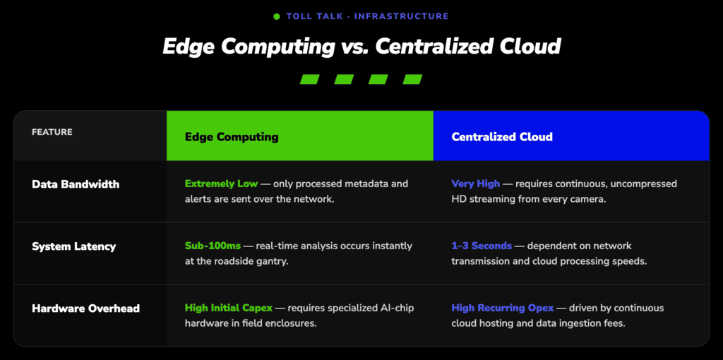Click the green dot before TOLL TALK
coord(277,17)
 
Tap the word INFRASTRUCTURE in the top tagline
coord(401,17)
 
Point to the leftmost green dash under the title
coord(310,79)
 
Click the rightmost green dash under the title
coord(412,79)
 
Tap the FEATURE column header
coord(52,132)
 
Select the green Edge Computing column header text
coord(232,137)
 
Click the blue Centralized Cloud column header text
coord(502,137)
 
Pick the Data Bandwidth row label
coord(76,184)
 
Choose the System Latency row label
coord(73,246)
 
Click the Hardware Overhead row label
coord(85,308)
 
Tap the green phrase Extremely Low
coord(221,184)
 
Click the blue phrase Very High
coord(475,184)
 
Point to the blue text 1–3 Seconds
coord(482,246)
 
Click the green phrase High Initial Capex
coord(229,308)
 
